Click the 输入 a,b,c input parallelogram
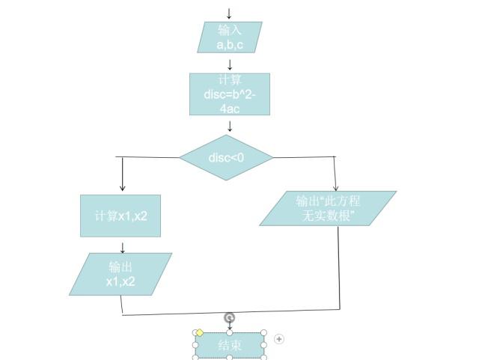tap(230, 37)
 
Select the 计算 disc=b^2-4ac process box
tap(229, 94)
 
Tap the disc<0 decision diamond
tap(227, 157)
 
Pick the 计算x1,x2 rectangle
tap(120, 216)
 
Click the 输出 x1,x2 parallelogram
tap(120, 274)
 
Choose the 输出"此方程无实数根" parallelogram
tap(328, 208)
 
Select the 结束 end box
tap(230, 345)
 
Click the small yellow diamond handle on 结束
tap(200, 332)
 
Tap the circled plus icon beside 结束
tap(279, 339)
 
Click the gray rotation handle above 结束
tap(230, 318)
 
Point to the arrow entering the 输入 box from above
tap(229, 13)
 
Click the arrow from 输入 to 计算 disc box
tap(230, 64)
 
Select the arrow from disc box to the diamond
tap(230, 125)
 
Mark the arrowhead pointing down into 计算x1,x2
tap(123, 187)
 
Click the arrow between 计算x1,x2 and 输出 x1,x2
tap(123, 246)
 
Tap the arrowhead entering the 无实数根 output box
tap(336, 187)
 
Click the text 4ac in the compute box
tap(229, 108)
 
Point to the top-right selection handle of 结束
tap(264, 333)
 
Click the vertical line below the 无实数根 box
tap(338, 266)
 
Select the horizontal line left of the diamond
tap(150, 157)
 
